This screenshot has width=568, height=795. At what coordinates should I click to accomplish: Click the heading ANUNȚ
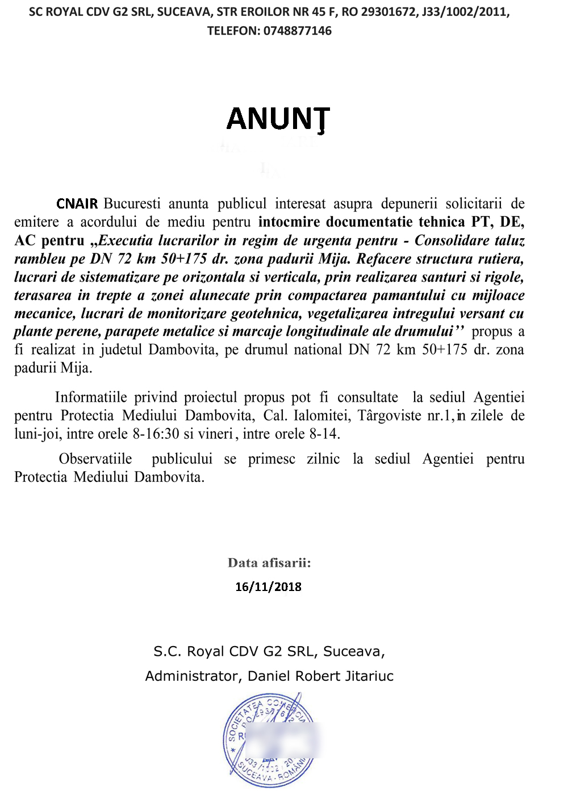pyautogui.click(x=278, y=119)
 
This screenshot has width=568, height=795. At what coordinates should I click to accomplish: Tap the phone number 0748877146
pyautogui.click(x=298, y=31)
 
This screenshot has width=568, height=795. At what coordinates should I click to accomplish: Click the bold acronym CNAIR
pyautogui.click(x=77, y=203)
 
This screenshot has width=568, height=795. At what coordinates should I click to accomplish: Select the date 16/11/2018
pyautogui.click(x=268, y=587)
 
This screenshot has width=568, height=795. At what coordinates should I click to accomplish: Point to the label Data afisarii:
pyautogui.click(x=269, y=563)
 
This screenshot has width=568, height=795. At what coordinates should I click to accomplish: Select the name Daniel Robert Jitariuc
pyautogui.click(x=320, y=676)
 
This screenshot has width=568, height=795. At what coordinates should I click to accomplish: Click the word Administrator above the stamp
pyautogui.click(x=193, y=676)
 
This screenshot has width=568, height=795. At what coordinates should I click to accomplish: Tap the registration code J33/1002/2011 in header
pyautogui.click(x=466, y=12)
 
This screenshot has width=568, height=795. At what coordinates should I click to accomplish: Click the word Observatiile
pyautogui.click(x=95, y=459)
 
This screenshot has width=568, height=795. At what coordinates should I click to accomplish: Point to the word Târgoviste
pyautogui.click(x=389, y=415)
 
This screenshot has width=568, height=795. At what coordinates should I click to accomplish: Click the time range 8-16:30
pyautogui.click(x=156, y=434)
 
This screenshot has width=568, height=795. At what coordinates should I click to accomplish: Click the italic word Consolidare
pyautogui.click(x=451, y=240)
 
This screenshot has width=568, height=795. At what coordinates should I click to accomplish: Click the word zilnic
pyautogui.click(x=323, y=459)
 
